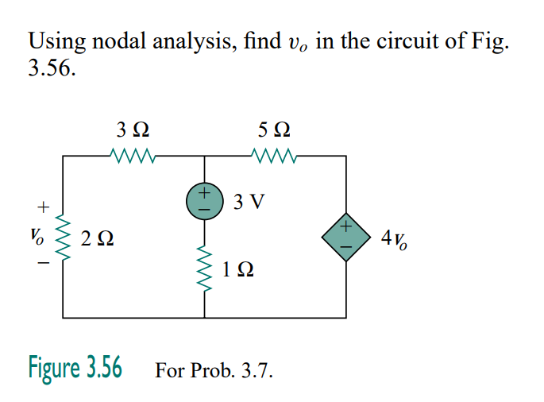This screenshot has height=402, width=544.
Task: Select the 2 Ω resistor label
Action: tap(98, 238)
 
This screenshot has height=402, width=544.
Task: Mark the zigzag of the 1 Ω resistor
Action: tap(205, 270)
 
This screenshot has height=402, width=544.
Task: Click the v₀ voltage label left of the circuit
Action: tap(37, 236)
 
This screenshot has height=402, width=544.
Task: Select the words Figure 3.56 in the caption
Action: tap(75, 368)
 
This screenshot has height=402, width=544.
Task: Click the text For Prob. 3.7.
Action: tap(214, 369)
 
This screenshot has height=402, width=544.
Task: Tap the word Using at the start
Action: tap(54, 41)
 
